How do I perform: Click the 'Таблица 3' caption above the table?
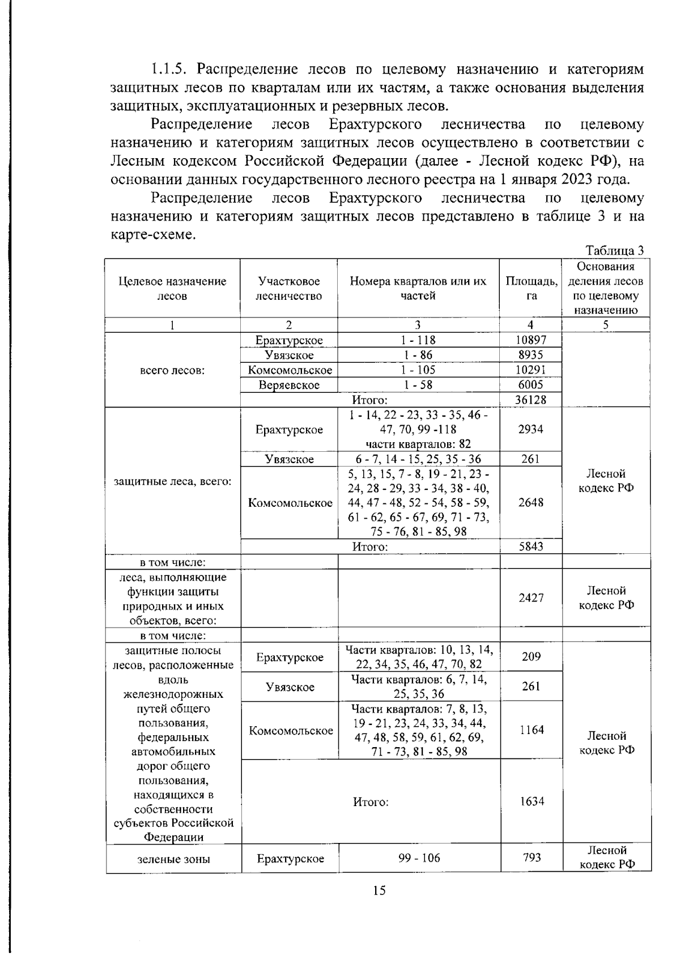(x=614, y=251)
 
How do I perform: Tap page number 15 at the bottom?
(x=379, y=891)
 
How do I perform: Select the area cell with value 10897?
(x=530, y=340)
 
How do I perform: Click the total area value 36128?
(x=530, y=400)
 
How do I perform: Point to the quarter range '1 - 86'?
(x=418, y=355)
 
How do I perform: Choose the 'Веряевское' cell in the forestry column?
(x=289, y=385)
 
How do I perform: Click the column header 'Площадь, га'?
(x=530, y=289)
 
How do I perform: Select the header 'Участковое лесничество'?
(x=289, y=289)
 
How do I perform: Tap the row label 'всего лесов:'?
(x=172, y=370)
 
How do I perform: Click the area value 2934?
(x=530, y=429)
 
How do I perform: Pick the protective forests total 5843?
(x=530, y=546)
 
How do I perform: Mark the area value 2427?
(x=530, y=598)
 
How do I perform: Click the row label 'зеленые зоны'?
(x=173, y=859)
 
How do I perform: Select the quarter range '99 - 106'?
(x=419, y=858)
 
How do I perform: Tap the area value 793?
(x=532, y=858)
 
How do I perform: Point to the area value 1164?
(x=532, y=730)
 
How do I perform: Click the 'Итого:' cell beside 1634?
(x=371, y=802)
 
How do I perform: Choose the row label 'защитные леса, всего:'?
(x=172, y=481)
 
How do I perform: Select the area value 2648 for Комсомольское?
(x=530, y=503)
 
